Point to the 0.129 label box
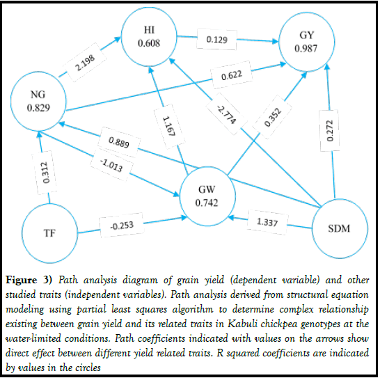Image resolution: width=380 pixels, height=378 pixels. (x=218, y=39)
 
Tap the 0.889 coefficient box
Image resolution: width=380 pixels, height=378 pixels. (x=119, y=142)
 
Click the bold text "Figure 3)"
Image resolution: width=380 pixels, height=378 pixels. (x=36, y=281)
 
